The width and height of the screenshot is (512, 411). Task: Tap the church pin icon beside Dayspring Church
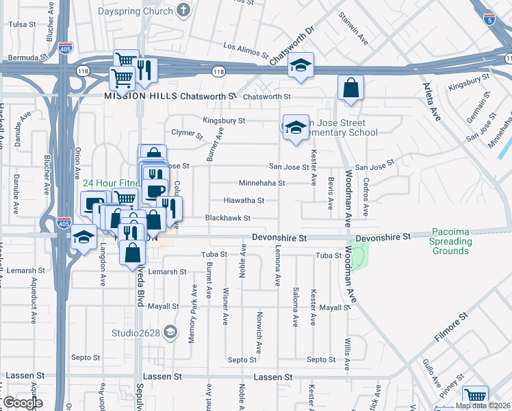pos(183,10)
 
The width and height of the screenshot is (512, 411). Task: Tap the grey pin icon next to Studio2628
pos(173,334)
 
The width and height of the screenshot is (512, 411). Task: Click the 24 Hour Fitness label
pos(110,184)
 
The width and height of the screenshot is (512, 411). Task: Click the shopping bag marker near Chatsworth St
pos(350,88)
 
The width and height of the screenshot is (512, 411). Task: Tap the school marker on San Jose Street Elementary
pos(296,128)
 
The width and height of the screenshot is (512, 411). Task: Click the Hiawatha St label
pos(244,201)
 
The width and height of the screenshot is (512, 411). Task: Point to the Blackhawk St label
pos(228,219)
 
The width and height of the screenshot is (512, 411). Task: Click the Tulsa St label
pos(22,25)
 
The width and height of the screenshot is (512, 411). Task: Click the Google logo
pos(23,403)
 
